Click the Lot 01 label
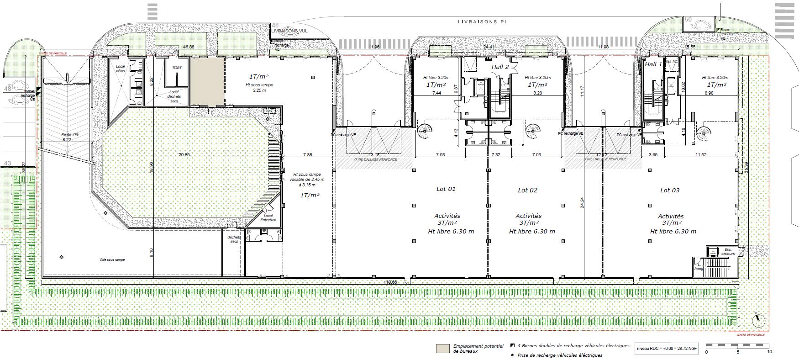tap(446, 189)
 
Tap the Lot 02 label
tap(527, 190)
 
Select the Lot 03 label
tap(670, 190)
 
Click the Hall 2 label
tap(500, 67)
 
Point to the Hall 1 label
tap(653, 64)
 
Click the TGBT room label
tap(177, 67)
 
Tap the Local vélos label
tap(120, 69)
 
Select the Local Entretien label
tap(268, 218)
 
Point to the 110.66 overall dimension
tap(391, 282)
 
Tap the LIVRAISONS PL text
tap(483, 21)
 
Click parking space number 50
tap(688, 20)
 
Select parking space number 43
tap(7, 163)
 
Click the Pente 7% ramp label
tap(70, 135)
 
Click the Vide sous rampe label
tap(112, 259)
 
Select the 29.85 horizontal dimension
tap(184, 155)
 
